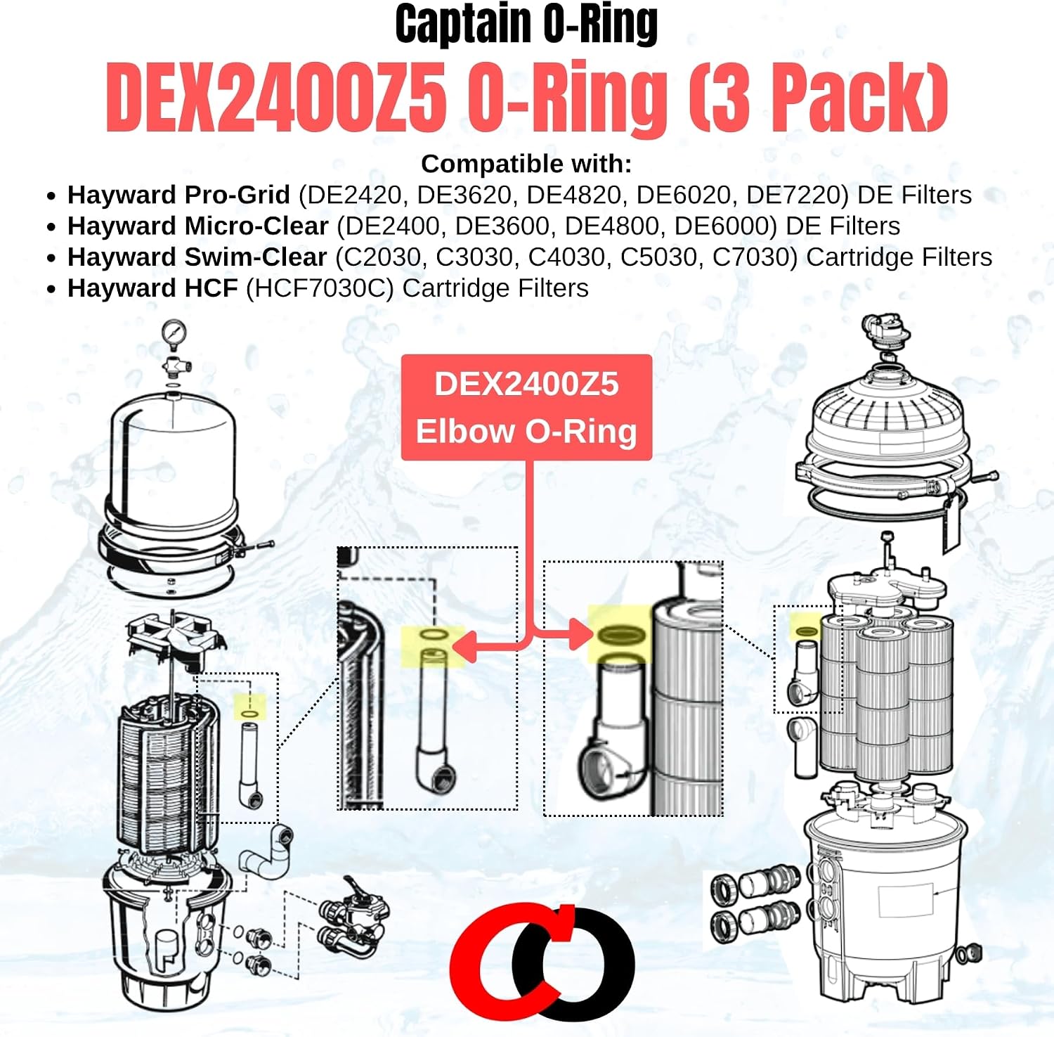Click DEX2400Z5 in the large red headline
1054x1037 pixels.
point(276,97)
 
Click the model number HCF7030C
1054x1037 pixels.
point(320,288)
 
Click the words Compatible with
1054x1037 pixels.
point(526,164)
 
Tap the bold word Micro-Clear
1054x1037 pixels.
point(256,226)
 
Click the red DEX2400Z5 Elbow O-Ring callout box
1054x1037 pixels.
point(526,408)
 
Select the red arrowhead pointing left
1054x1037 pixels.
point(466,646)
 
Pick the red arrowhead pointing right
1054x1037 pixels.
point(580,634)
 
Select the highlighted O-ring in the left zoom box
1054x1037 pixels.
point(434,636)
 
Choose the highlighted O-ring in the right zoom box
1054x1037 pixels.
point(621,634)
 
